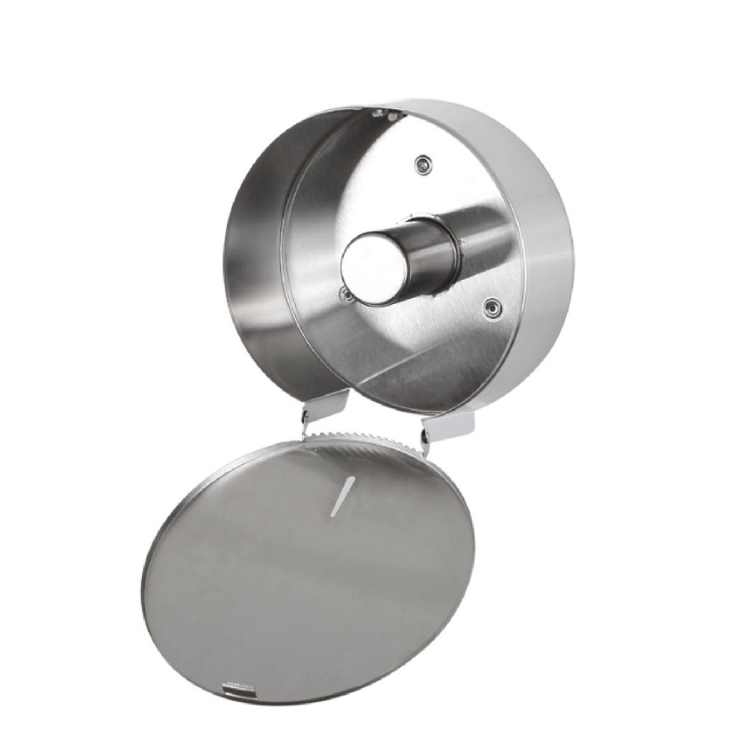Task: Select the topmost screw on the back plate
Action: (x=424, y=162)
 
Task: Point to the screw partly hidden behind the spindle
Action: (x=345, y=295)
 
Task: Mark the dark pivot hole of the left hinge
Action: (x=306, y=413)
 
